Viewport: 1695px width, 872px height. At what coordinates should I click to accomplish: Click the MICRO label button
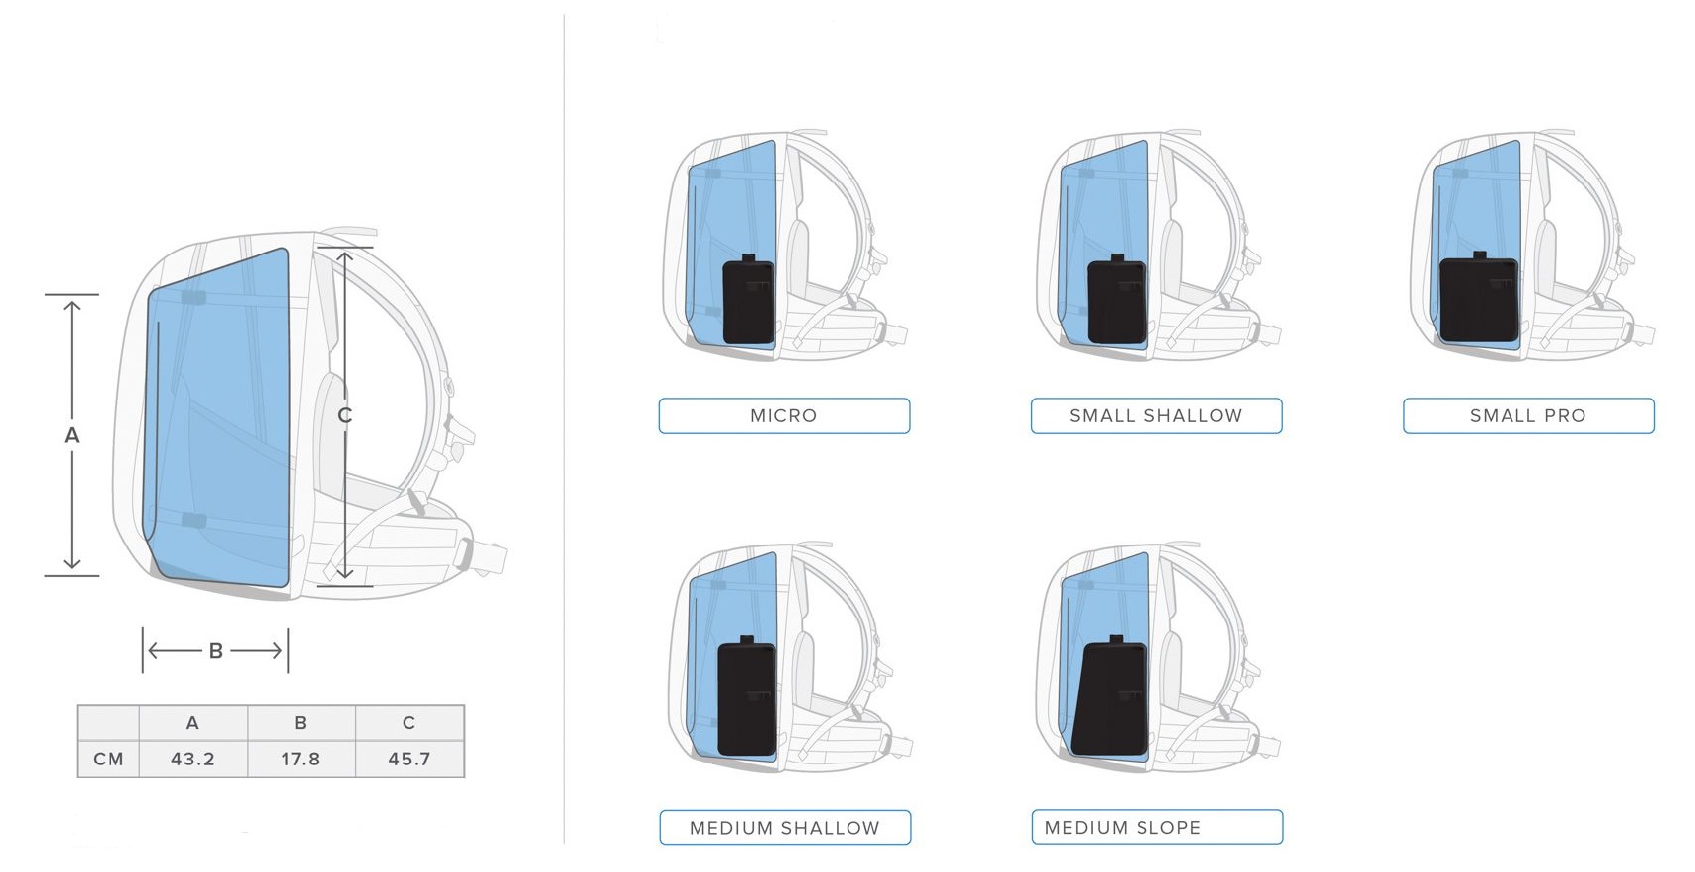[784, 415]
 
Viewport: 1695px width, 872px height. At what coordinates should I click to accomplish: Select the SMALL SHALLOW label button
[1156, 415]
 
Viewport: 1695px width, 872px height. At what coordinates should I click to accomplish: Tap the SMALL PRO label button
[1528, 415]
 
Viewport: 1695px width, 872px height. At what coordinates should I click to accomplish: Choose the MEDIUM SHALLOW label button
[784, 828]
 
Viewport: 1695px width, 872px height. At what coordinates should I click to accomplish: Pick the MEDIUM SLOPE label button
[1157, 828]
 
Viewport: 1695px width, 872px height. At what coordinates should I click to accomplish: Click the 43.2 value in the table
[192, 759]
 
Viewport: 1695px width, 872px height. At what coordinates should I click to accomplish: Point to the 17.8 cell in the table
[301, 759]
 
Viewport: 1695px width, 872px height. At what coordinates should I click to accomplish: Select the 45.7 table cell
[409, 759]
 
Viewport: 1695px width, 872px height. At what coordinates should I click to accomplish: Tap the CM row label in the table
[109, 759]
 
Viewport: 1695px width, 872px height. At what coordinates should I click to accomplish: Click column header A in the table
[192, 723]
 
